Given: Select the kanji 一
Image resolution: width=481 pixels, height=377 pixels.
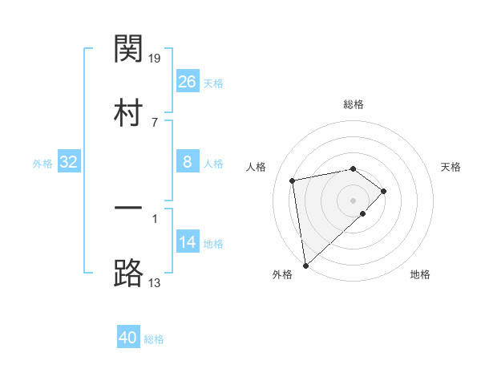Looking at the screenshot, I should coord(128,209).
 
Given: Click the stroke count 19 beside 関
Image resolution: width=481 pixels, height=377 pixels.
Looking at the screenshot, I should coord(156,58).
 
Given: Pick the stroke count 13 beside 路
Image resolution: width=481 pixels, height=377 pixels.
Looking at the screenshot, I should coord(156,282).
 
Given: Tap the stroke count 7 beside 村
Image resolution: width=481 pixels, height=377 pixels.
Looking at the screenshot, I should coord(155,123).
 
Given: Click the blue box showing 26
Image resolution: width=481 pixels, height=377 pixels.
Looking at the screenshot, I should coord(187,82).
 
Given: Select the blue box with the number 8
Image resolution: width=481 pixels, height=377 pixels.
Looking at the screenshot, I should coord(187,162).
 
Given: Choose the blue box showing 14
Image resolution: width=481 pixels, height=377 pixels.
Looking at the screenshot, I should coord(187,242).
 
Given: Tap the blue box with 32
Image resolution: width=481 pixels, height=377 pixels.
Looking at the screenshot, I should coord(69,162).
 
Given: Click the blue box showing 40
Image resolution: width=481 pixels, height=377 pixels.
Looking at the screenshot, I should coord(128,338).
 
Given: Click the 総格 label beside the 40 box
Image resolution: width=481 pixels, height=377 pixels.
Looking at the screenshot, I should coord(154,339).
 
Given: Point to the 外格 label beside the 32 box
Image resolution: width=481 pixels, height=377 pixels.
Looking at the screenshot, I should coord(42,164).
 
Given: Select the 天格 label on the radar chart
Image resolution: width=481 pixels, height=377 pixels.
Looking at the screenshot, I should coord(451,167).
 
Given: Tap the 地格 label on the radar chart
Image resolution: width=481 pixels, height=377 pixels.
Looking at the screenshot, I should coord(420,274).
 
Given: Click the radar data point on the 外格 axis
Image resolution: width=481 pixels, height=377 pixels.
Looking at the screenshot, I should coord(305,265).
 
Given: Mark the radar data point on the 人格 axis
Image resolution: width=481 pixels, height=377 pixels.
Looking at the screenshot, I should coord(293,180).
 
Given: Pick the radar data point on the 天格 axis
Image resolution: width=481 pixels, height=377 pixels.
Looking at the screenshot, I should coord(384,191).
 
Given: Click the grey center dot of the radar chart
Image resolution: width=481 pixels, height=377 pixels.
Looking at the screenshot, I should coord(353,200).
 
